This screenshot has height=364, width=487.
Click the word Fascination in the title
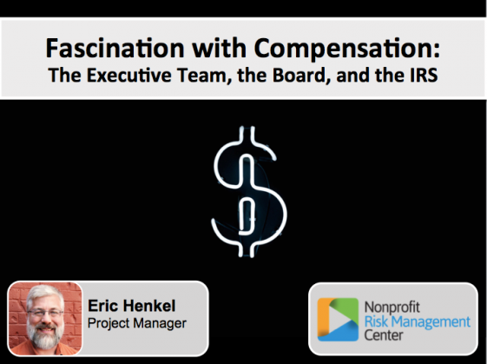coord(115,48)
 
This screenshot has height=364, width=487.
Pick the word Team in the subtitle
coord(205,76)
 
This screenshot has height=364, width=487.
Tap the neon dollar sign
coord(249,192)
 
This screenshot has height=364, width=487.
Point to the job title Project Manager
coord(137,323)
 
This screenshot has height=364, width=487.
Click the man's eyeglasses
coord(45,314)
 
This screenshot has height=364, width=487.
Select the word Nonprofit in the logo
coord(392,308)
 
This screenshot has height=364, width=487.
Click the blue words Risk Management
coord(418,321)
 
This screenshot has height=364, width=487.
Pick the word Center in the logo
coord(384,335)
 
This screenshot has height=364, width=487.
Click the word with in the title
coord(220,48)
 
